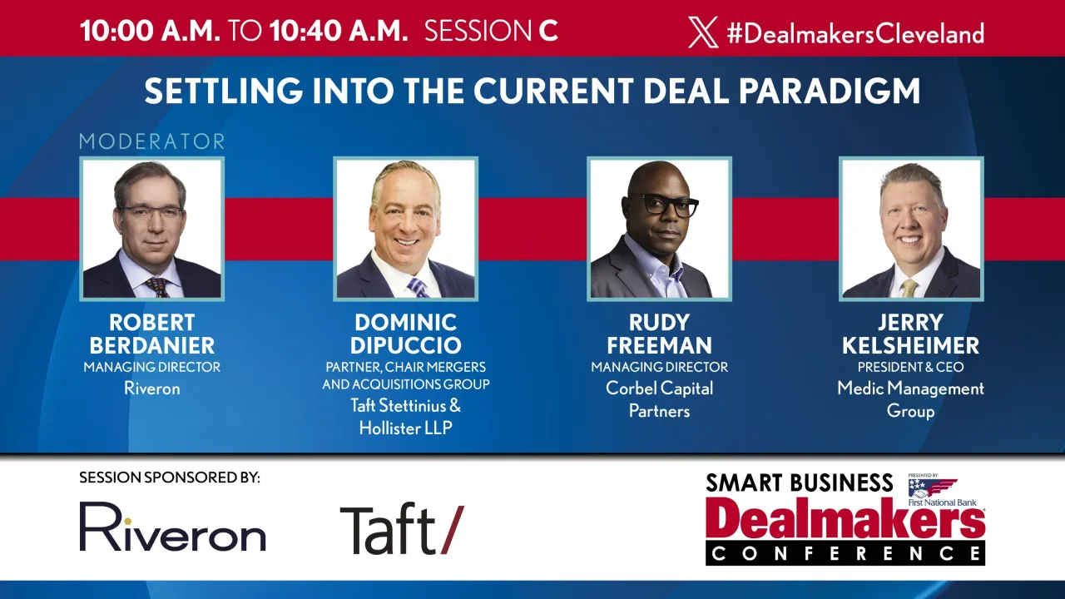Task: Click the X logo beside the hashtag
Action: (x=703, y=32)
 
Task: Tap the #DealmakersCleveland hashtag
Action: (x=855, y=33)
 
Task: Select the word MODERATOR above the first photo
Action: (x=152, y=141)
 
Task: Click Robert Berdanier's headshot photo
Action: (x=151, y=229)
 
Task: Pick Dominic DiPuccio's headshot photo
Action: (x=405, y=229)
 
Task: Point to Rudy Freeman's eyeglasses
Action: (x=663, y=205)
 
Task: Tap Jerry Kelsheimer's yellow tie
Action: (x=909, y=288)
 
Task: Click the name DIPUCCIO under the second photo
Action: (x=406, y=344)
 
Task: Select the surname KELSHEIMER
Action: (x=910, y=344)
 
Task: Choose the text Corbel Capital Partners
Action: (x=659, y=399)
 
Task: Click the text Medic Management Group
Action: (x=910, y=399)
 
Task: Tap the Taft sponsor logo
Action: (x=402, y=528)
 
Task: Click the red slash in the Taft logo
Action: (x=452, y=529)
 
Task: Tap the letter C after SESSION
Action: (x=548, y=32)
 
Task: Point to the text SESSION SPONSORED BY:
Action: (x=170, y=478)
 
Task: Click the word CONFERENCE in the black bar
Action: (x=845, y=553)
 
